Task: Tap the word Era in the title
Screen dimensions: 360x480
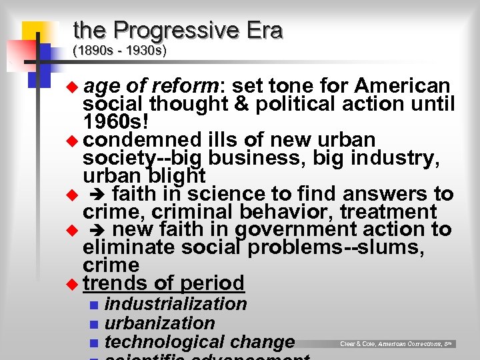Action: [x=262, y=31]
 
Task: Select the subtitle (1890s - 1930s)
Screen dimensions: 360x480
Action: [x=119, y=51]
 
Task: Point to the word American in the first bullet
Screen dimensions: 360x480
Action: [x=403, y=87]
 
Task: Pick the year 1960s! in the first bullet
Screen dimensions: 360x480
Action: [x=115, y=122]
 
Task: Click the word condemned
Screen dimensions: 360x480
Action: [x=142, y=140]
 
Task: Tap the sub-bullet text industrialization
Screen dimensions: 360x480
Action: [x=176, y=304]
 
